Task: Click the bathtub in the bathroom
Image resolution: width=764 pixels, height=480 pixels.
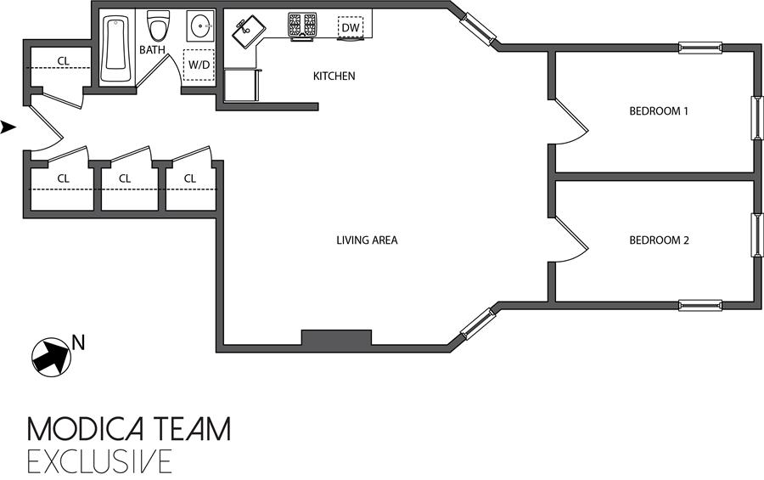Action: pyautogui.click(x=114, y=48)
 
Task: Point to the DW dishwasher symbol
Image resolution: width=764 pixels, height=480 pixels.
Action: pyautogui.click(x=350, y=28)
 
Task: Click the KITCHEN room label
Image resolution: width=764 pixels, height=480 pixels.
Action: pyautogui.click(x=334, y=76)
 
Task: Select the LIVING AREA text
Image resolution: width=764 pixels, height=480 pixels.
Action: pyautogui.click(x=367, y=240)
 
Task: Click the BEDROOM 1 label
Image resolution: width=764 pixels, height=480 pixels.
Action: pyautogui.click(x=658, y=110)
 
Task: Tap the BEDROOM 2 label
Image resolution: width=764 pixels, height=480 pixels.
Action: pyautogui.click(x=658, y=240)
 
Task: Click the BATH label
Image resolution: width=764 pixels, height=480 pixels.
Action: pyautogui.click(x=153, y=50)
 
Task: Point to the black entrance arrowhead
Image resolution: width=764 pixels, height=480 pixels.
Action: pyautogui.click(x=8, y=127)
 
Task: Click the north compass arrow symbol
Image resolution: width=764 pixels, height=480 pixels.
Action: pyautogui.click(x=50, y=354)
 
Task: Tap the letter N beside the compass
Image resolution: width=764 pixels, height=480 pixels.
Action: pyautogui.click(x=78, y=342)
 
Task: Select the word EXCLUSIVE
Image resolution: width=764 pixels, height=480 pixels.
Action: pyautogui.click(x=99, y=460)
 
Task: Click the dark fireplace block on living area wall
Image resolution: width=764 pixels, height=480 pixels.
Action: pyautogui.click(x=337, y=338)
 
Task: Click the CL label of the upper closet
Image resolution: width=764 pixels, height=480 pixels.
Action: pyautogui.click(x=63, y=60)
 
